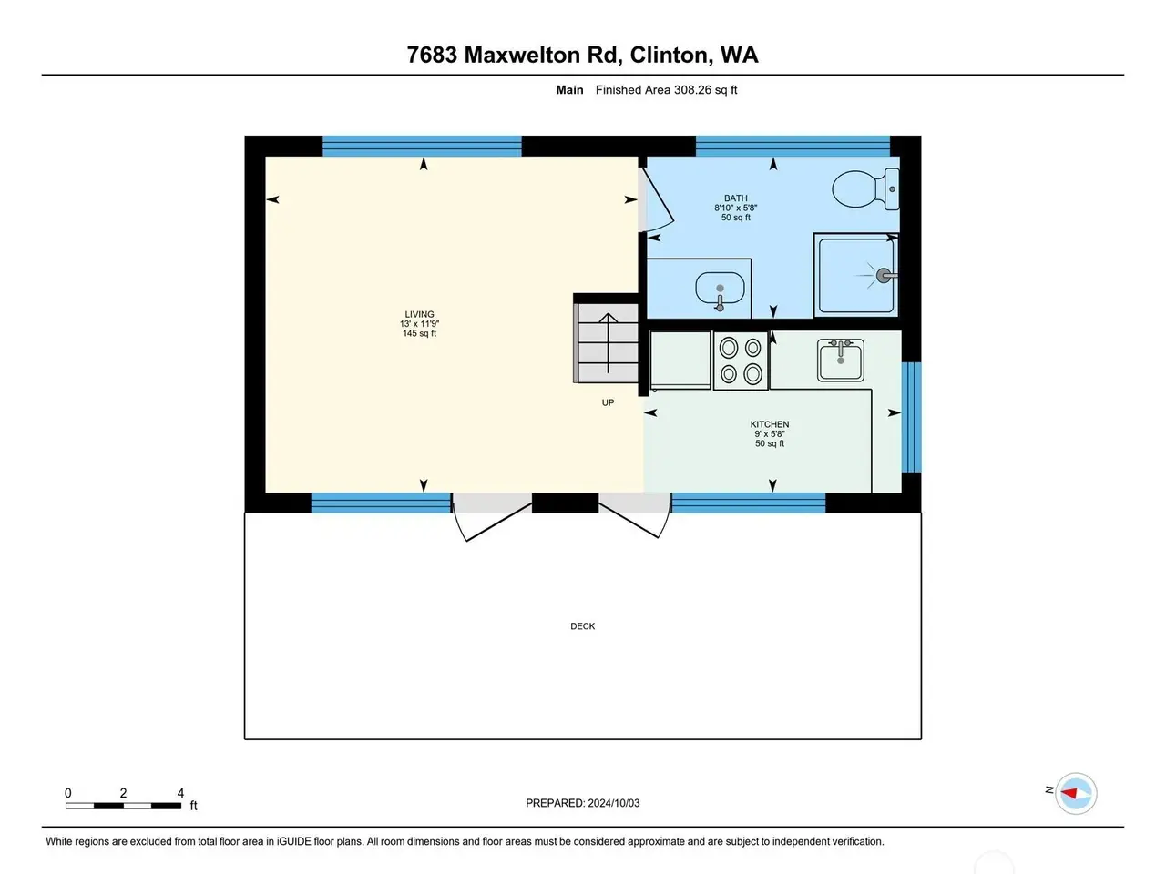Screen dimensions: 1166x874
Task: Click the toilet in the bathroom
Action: pos(864,189)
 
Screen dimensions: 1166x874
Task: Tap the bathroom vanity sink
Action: pos(720,290)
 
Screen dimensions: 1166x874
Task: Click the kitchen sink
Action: pos(841,361)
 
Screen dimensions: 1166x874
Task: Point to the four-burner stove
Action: pos(741,361)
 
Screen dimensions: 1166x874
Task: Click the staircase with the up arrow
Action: pos(608,342)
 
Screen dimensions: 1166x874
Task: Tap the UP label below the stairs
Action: pos(608,402)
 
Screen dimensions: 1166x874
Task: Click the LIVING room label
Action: pos(419,314)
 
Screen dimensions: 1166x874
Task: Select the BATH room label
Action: pos(735,198)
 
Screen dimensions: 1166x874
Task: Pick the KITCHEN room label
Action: pos(769,424)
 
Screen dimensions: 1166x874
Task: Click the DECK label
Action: pos(583,626)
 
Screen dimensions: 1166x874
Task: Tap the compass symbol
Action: pos(1076,793)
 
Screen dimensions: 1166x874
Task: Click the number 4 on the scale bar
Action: pos(180,793)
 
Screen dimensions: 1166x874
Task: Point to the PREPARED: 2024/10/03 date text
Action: pos(583,803)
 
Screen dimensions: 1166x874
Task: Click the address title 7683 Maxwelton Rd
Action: pos(514,56)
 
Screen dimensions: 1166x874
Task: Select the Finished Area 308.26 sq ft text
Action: pos(666,90)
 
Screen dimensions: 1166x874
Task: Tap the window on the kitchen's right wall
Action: pos(911,417)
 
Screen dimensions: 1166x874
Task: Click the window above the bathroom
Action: pos(793,146)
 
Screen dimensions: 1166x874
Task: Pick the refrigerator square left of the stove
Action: pos(680,361)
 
